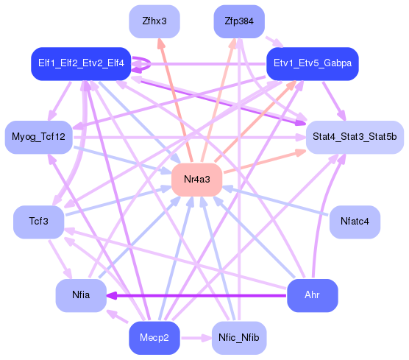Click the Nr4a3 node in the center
coord(196,180)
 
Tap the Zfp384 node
coord(239,21)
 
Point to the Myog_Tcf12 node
coord(39,137)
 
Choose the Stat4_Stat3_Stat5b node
coord(355,137)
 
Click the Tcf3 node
coord(38,222)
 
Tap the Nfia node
coord(81,295)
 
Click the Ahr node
coord(312,295)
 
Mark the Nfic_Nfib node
coord(239,338)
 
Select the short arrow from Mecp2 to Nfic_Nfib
coord(196,338)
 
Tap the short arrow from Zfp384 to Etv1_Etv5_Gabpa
coord(274,42)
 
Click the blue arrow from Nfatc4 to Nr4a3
coord(276,201)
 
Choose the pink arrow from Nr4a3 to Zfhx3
coord(177,104)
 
